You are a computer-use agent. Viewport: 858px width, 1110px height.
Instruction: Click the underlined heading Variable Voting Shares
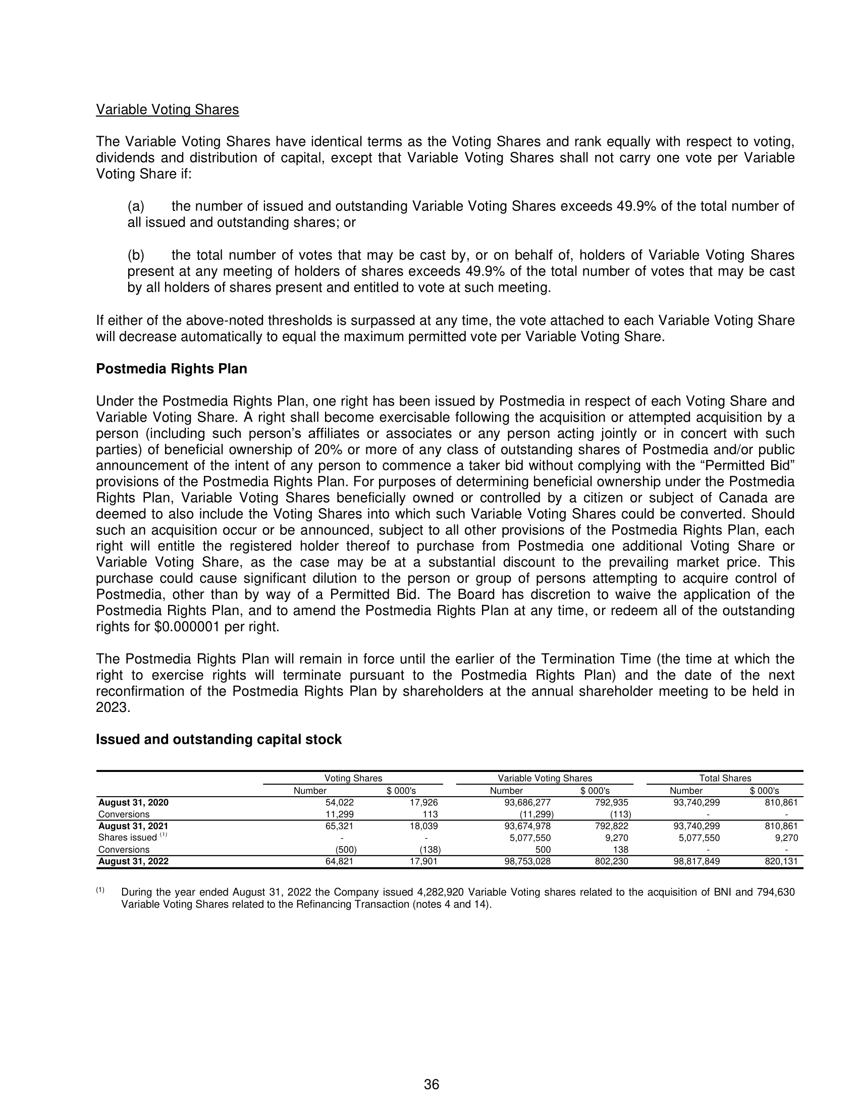(x=167, y=110)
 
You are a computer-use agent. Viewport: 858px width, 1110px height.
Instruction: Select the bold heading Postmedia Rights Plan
(x=171, y=369)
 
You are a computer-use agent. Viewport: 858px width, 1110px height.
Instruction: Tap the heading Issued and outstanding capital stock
(x=219, y=740)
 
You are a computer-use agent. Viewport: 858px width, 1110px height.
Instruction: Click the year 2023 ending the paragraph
(x=113, y=708)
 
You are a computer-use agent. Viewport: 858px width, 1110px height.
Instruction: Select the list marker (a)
(x=136, y=206)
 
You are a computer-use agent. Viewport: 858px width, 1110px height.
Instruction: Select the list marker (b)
(x=136, y=255)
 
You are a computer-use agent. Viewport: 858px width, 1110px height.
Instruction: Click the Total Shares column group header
(x=725, y=778)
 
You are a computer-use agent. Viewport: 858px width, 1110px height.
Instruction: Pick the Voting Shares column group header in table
(x=353, y=778)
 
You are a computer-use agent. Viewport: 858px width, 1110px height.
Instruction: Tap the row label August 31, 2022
(x=133, y=861)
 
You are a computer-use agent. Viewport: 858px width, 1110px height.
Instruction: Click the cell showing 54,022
(x=340, y=803)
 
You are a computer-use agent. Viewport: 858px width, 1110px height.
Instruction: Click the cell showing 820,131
(x=781, y=861)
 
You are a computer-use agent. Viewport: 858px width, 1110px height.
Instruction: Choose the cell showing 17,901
(x=423, y=861)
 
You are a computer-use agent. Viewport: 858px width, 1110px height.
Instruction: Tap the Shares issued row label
(x=128, y=838)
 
